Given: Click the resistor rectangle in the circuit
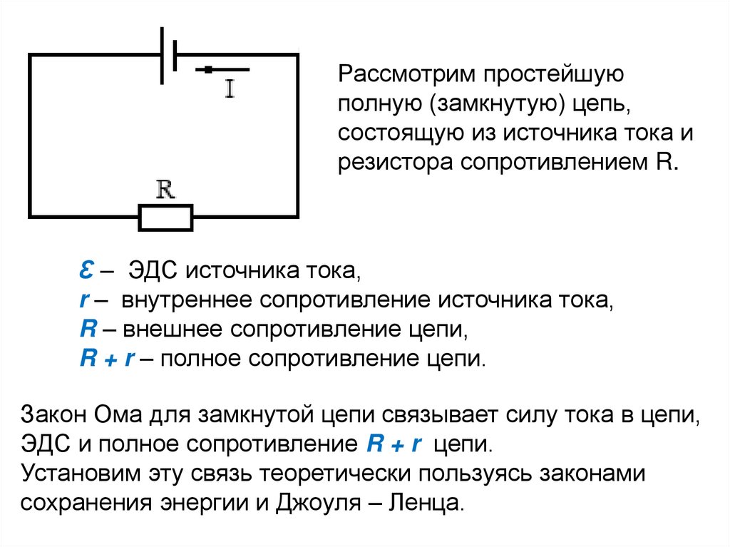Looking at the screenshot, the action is click(165, 217).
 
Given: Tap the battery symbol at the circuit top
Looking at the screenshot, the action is click(168, 53).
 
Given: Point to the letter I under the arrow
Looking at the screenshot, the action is click(230, 88).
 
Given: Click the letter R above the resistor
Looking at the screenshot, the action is click(165, 190).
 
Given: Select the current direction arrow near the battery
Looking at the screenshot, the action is click(222, 69).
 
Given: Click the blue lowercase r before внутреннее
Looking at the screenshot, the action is click(83, 300).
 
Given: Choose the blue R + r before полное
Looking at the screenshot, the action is click(107, 357).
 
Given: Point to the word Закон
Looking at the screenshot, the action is click(55, 416).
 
